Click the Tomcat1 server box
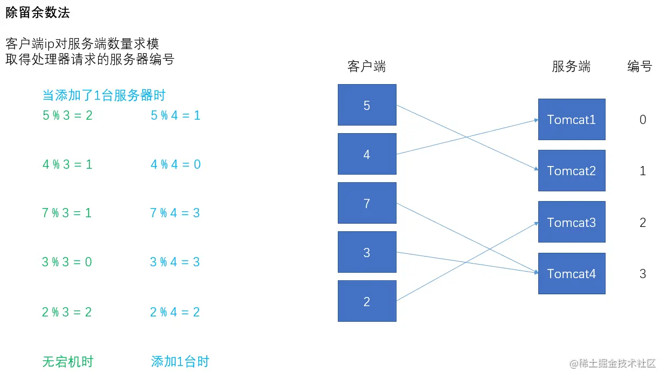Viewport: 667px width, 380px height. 572,120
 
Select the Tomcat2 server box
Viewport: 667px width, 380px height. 572,171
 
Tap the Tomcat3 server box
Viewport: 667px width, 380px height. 572,222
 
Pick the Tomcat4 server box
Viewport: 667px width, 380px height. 572,273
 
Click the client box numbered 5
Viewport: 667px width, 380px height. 367,105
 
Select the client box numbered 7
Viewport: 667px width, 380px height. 367,203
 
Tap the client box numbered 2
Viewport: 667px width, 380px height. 367,301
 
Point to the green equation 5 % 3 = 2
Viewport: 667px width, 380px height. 67,115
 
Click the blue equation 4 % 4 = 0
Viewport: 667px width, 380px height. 176,164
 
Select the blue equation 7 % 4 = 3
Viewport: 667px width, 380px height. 175,213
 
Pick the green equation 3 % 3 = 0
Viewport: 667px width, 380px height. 67,262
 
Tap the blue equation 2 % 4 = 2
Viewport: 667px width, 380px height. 175,312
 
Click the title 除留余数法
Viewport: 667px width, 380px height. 38,13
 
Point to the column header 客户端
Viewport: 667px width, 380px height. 366,66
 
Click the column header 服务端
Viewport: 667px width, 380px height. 571,66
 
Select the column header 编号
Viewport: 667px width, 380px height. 640,66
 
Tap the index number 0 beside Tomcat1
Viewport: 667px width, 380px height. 643,120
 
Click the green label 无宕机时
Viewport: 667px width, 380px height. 68,362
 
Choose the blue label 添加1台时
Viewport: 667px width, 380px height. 180,362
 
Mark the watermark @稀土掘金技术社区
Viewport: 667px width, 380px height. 613,364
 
